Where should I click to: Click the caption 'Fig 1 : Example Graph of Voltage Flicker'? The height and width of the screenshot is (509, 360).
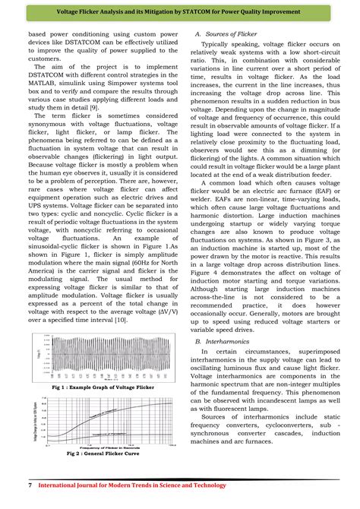click(102, 387)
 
